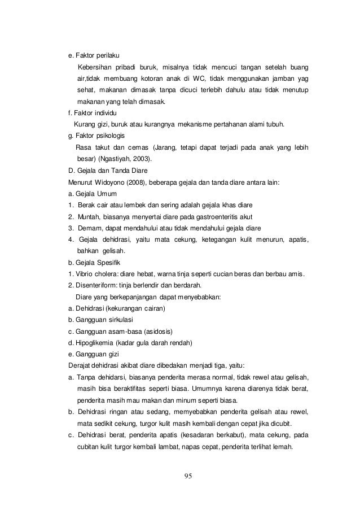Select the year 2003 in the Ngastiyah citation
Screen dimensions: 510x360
click(142, 159)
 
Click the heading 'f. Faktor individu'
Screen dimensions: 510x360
click(89, 114)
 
